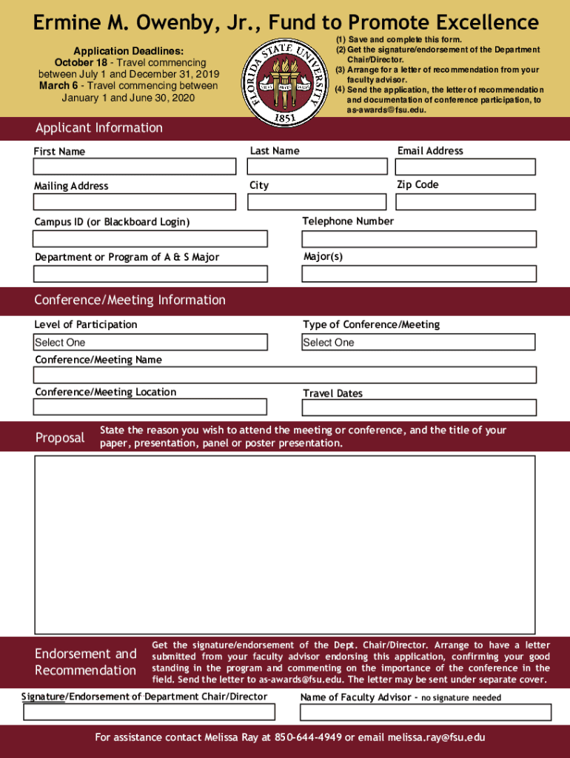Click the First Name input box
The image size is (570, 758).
point(134,167)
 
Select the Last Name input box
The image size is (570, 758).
point(317,167)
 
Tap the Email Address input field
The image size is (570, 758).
point(466,167)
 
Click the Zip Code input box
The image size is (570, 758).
point(466,201)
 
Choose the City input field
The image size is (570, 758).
point(317,201)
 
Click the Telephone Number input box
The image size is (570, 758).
point(419,238)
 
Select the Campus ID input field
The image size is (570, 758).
point(150,238)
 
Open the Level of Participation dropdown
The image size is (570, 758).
point(150,342)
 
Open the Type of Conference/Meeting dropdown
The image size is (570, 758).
point(418,342)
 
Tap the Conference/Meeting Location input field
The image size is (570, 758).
point(150,406)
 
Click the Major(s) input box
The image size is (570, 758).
point(418,274)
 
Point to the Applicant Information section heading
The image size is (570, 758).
point(98,128)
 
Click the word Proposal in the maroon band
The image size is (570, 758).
point(60,437)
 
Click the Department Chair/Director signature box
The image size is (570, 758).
point(149,712)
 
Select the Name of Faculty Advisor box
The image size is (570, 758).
point(425,712)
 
